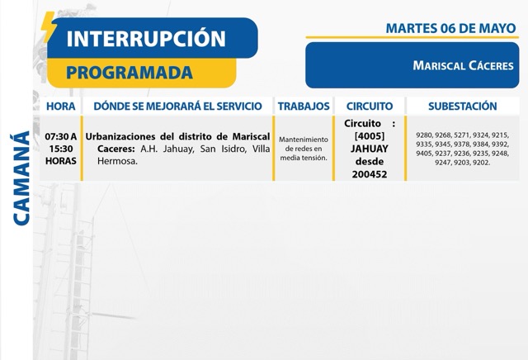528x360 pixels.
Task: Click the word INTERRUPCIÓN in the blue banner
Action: (146, 38)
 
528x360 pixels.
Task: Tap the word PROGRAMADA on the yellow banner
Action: (130, 73)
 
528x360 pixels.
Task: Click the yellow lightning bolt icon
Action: (49, 27)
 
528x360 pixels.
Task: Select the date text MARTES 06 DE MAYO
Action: (451, 28)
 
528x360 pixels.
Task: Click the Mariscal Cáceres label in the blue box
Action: (464, 65)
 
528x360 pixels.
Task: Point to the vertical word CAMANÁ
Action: (21, 178)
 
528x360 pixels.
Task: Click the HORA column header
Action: (60, 107)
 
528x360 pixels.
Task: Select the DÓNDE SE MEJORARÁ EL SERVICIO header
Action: (178, 107)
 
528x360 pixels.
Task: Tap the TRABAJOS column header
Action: (304, 107)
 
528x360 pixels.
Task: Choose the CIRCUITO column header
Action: (370, 107)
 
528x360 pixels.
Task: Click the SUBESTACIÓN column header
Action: (463, 107)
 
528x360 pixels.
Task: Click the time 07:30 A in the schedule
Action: (61, 136)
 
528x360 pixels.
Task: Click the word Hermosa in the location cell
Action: (117, 161)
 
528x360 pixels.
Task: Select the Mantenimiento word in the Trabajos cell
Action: (304, 140)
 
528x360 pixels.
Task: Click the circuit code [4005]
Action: (370, 136)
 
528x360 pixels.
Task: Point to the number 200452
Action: (370, 174)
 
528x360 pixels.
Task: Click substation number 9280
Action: (424, 135)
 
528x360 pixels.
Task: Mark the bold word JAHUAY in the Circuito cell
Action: (370, 149)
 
